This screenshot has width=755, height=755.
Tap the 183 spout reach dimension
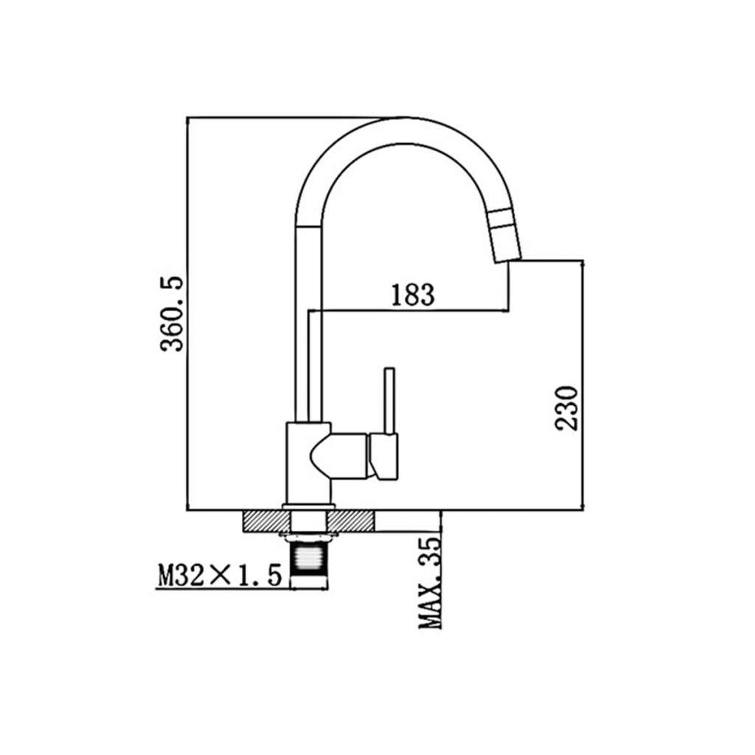[413, 294]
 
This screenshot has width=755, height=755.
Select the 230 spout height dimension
[566, 407]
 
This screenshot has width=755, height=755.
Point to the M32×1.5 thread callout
[220, 575]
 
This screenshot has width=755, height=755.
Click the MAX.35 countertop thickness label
[430, 582]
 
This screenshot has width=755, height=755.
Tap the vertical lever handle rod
[389, 401]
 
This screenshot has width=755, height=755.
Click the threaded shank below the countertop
[310, 561]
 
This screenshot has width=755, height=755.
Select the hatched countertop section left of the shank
[267, 521]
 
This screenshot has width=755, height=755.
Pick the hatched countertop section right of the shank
[350, 521]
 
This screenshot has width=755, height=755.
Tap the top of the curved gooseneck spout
[403, 131]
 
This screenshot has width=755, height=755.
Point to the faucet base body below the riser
[309, 463]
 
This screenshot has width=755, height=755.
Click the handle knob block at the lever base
[384, 456]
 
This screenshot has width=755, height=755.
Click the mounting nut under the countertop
[310, 537]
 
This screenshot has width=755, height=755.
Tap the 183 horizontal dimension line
[408, 311]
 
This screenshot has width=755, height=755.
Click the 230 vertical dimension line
[582, 385]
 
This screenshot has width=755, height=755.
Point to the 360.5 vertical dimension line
[187, 313]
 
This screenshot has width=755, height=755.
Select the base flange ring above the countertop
[309, 507]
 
